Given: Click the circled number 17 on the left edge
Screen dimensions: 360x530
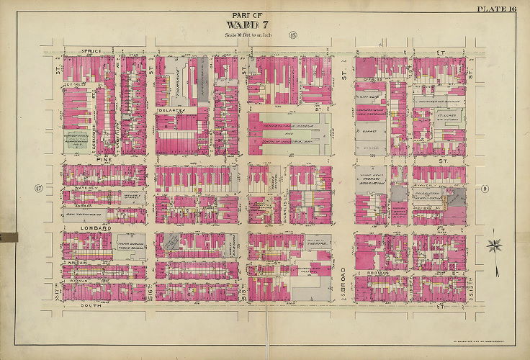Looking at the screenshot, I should (x=38, y=189).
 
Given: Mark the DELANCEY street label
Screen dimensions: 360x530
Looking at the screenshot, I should (x=171, y=111).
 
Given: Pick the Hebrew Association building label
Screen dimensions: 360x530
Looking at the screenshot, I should (x=372, y=177).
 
